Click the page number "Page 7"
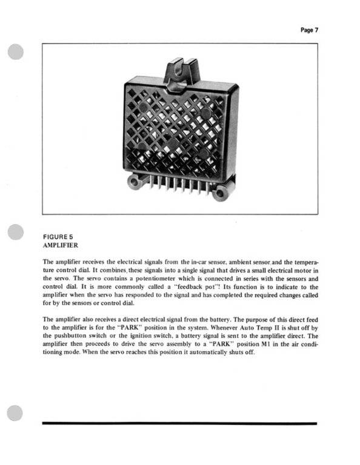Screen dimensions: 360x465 tap(308, 30)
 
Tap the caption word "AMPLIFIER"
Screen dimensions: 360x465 tap(62, 245)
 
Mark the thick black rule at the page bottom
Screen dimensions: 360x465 tap(179, 423)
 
